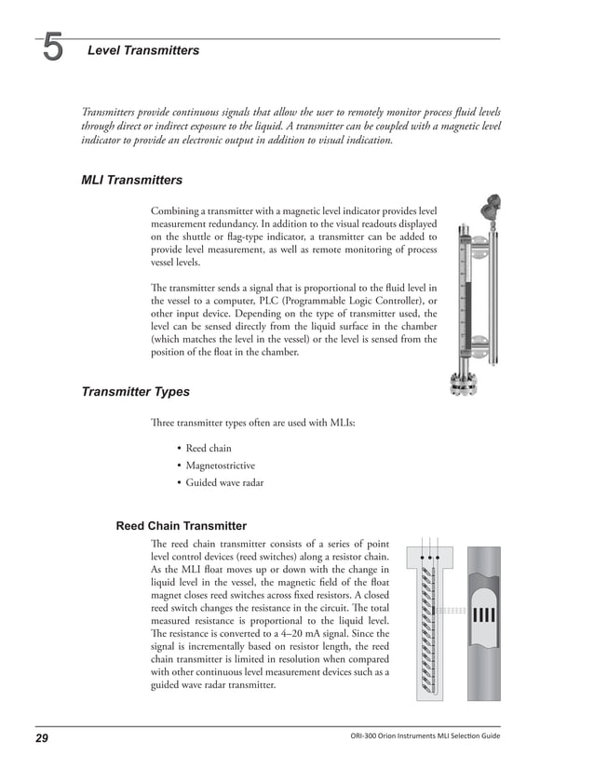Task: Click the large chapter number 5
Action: click(x=53, y=48)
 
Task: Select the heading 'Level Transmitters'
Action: click(x=142, y=50)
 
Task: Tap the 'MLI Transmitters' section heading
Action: click(x=131, y=180)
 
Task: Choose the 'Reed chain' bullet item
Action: click(x=209, y=449)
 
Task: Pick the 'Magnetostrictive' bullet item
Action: click(x=220, y=465)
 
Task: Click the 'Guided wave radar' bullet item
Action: click(x=224, y=483)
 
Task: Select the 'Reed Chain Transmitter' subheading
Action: click(x=181, y=526)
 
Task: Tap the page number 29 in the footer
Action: click(x=42, y=738)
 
